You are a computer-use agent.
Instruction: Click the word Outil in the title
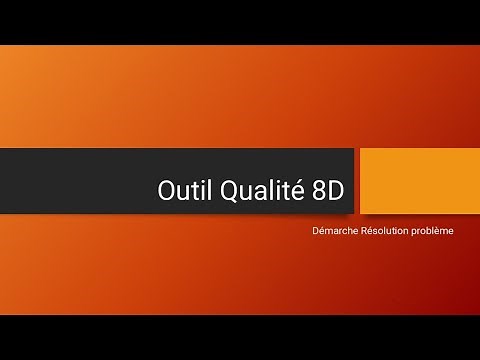coord(180,191)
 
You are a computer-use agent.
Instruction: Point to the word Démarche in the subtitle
coord(337,231)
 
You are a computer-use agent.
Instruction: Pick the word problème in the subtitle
coord(432,231)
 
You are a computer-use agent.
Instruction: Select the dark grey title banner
coord(80,181)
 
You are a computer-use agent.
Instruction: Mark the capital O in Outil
coord(166,191)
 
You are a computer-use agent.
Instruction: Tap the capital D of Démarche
coord(316,231)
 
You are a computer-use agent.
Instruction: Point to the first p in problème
coord(413,232)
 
